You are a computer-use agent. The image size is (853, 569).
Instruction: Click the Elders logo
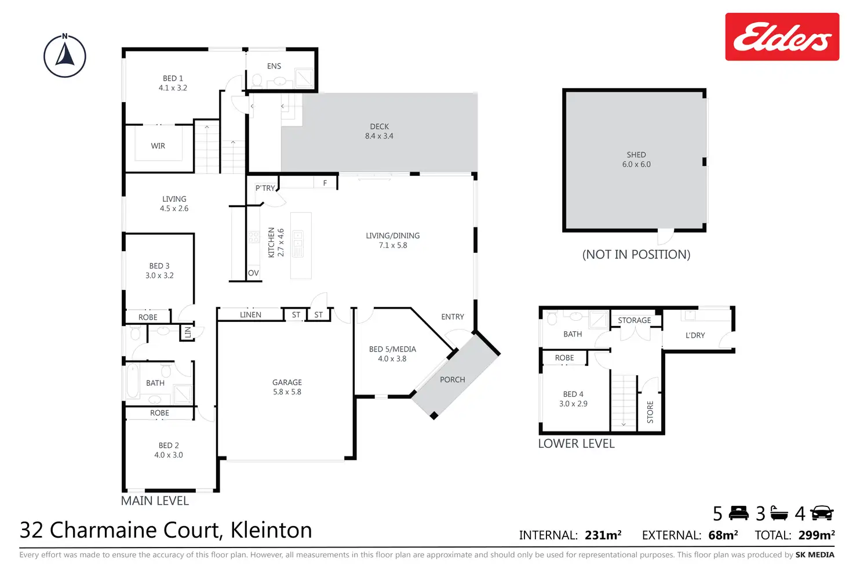(782, 37)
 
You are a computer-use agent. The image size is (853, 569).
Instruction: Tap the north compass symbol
(65, 56)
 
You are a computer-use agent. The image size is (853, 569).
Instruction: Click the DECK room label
(379, 131)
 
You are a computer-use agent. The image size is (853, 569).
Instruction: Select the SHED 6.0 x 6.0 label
(636, 160)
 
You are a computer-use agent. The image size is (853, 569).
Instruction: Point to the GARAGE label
(287, 387)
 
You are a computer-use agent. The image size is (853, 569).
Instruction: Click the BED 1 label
(173, 83)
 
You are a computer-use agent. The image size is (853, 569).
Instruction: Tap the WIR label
(158, 146)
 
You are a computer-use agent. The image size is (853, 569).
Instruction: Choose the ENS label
(274, 66)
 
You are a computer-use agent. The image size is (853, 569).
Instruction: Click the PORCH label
(452, 380)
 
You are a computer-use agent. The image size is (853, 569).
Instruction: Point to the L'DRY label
(695, 335)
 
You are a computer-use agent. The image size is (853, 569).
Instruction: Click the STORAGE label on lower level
(634, 320)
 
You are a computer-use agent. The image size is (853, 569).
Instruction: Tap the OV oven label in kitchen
(253, 273)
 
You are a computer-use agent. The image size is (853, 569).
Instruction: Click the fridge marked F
(325, 183)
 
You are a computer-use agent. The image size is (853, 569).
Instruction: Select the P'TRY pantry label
(265, 188)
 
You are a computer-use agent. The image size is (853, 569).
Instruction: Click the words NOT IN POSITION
(636, 255)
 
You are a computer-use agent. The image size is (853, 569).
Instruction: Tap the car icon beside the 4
(822, 513)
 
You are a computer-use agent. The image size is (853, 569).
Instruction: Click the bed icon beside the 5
(739, 513)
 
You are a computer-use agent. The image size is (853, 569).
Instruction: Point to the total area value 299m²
(816, 535)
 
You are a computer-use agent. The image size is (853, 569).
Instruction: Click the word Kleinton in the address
(271, 530)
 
